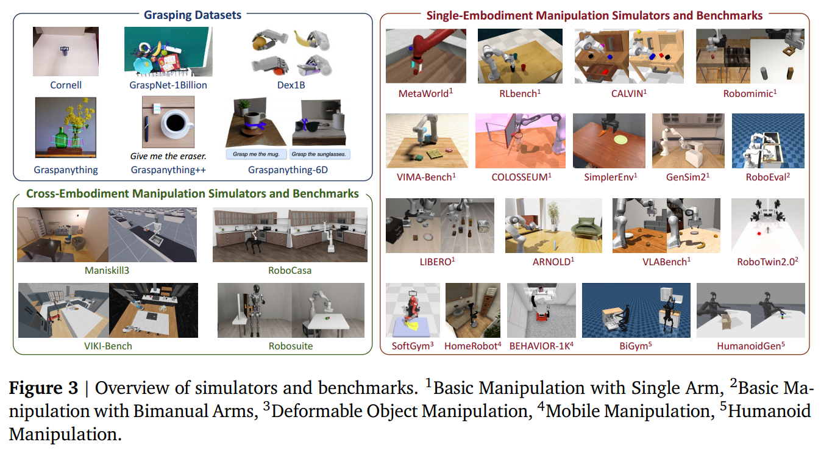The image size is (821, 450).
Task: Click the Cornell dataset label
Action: click(66, 85)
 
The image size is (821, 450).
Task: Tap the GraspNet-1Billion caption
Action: click(168, 85)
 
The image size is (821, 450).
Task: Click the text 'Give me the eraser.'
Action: click(168, 155)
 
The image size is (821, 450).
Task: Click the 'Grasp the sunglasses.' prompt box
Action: click(319, 154)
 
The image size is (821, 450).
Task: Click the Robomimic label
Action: click(750, 93)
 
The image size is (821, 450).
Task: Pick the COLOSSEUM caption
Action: click(521, 177)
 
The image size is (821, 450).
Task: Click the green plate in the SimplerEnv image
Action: click(620, 141)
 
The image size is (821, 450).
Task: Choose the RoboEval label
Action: click(768, 177)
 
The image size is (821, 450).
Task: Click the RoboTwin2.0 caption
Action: click(768, 262)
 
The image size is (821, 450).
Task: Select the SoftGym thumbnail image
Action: click(412, 310)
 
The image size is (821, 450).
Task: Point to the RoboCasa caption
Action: click(290, 270)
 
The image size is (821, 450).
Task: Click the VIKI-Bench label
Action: click(108, 346)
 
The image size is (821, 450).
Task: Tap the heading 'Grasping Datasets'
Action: click(193, 15)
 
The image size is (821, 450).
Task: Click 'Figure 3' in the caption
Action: click(43, 388)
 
